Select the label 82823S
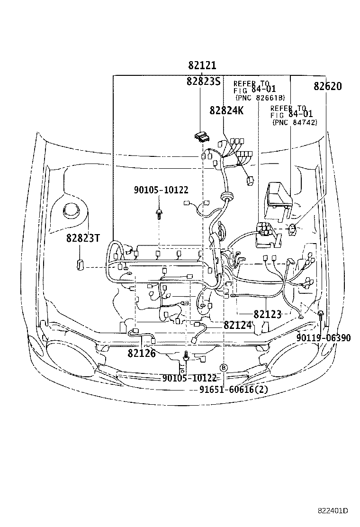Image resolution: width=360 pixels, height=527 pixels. coord(203,81)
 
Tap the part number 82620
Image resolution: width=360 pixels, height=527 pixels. coord(327,86)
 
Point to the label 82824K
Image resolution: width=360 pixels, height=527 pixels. coord(226,110)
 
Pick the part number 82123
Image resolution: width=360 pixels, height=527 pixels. coord(267,314)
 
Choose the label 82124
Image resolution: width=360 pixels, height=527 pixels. coord(237,325)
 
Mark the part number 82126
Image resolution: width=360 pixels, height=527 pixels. coord(141,353)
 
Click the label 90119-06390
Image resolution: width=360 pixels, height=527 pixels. coord(324,338)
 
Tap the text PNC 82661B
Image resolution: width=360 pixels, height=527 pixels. coord(260,98)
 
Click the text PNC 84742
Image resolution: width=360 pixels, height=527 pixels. coord(295,122)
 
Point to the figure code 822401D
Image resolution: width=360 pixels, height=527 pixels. coord(333,510)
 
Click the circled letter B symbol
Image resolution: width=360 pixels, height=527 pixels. coord(224,367)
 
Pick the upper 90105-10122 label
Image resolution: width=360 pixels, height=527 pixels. coord(161,190)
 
